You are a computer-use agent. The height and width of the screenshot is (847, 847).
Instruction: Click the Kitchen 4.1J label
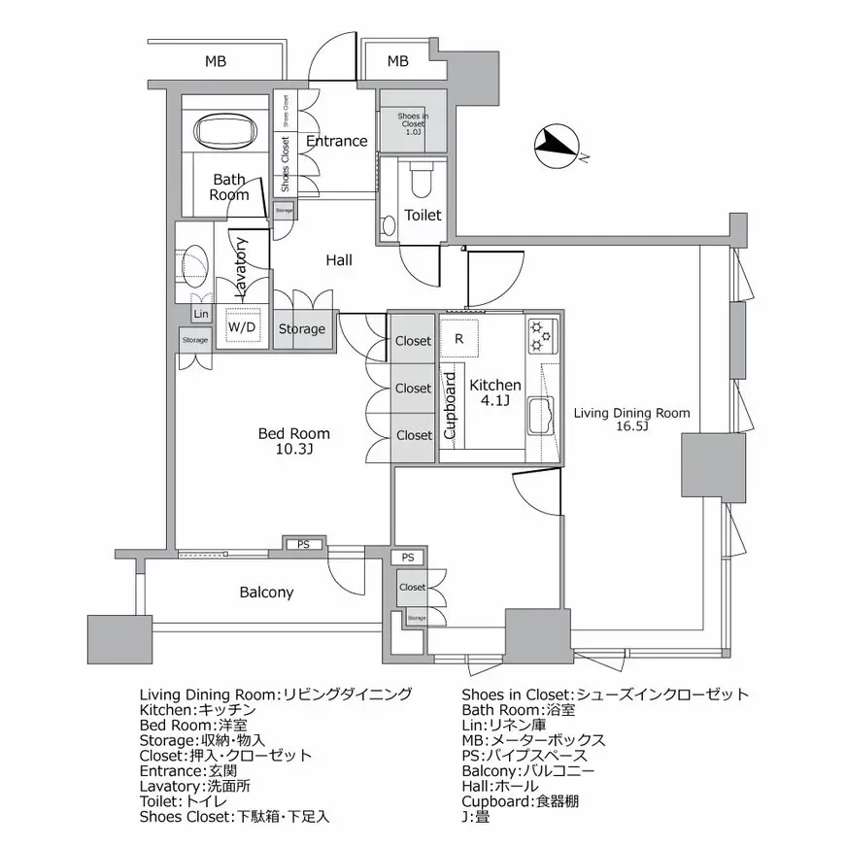click(x=494, y=392)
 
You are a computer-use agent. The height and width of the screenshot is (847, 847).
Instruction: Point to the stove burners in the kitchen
click(x=540, y=336)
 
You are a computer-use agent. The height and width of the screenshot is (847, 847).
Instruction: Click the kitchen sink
click(x=540, y=417)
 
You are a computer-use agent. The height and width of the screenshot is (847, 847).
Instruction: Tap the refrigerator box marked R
click(x=458, y=339)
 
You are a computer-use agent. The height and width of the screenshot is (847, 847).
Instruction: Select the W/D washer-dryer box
click(x=242, y=328)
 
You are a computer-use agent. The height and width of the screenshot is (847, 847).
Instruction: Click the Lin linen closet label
click(x=201, y=314)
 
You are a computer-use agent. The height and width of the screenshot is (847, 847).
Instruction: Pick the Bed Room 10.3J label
click(x=293, y=441)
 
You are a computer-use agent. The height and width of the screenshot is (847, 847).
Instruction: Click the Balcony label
click(x=266, y=592)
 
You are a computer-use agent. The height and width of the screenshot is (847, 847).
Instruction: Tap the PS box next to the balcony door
click(x=304, y=544)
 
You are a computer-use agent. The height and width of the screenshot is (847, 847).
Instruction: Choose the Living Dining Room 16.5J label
click(x=631, y=420)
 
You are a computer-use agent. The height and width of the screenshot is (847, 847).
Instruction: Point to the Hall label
click(x=339, y=260)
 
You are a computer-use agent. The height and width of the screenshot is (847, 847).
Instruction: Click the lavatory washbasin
click(x=194, y=263)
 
